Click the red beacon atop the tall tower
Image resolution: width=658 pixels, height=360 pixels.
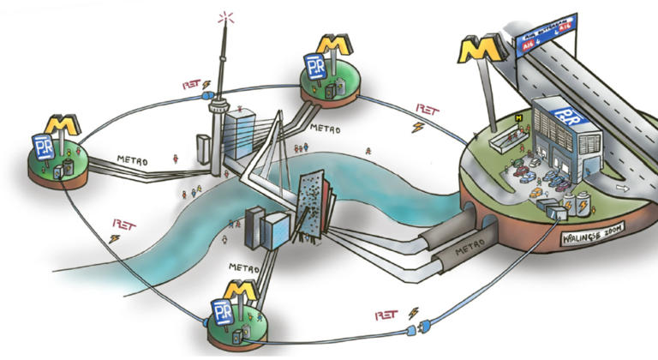[226, 17]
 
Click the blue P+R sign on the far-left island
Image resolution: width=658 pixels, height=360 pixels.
[44, 147]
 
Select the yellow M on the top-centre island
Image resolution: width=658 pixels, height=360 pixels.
[333, 45]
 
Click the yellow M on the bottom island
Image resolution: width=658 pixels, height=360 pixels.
[240, 291]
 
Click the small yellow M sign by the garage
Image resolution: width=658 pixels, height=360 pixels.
[519, 117]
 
